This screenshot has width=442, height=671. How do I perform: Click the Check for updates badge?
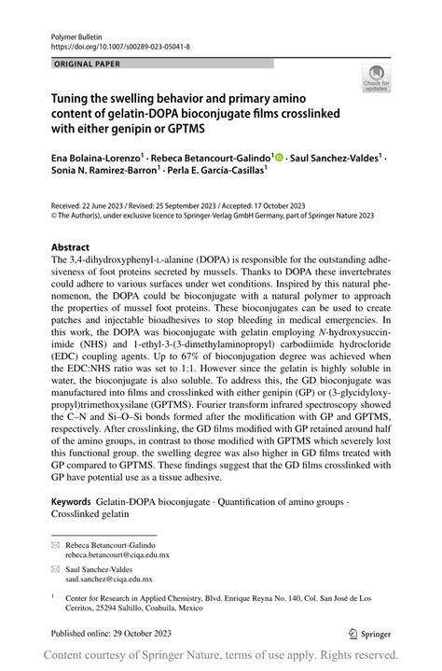point(378,78)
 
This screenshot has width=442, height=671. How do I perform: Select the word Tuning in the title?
point(71,98)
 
